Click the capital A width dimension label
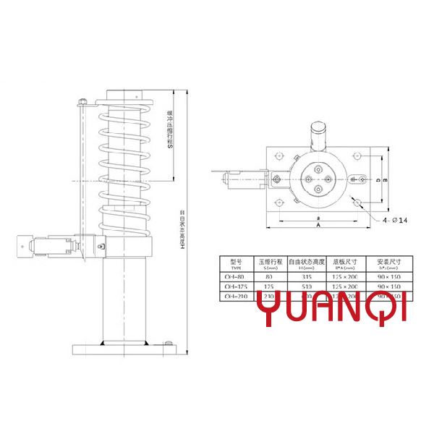tap(318, 225)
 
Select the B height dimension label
tap(386, 179)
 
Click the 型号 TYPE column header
tap(234, 263)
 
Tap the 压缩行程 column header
tap(269, 263)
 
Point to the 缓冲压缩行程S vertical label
tap(169, 130)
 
